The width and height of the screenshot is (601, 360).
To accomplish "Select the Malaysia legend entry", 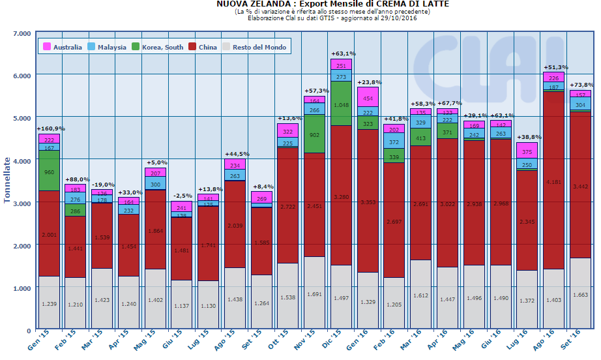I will pos(108,47).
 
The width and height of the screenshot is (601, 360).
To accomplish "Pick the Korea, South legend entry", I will pos(158,47).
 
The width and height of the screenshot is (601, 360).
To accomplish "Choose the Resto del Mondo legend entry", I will pos(254,47).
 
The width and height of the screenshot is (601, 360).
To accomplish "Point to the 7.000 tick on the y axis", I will pos(22,33).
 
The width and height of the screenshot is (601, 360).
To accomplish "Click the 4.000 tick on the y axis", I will pos(22,160).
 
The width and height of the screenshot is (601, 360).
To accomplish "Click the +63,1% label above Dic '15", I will pos(342,53).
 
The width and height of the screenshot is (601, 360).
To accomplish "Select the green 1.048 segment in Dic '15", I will pos(341,104).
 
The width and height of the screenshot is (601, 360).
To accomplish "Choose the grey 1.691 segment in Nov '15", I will pos(314,293).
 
